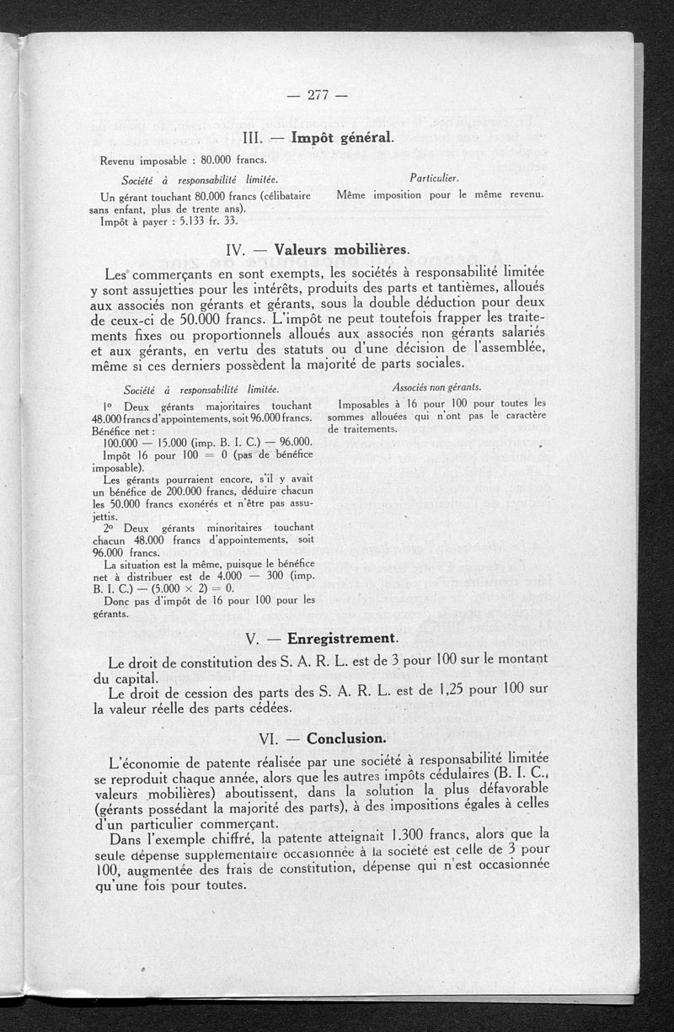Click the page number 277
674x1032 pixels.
[317, 94]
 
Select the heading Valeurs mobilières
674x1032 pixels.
[341, 250]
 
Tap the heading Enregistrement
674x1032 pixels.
[341, 638]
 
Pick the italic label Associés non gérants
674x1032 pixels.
[436, 387]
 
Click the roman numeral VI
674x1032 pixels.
[270, 739]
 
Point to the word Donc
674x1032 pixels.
[115, 600]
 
